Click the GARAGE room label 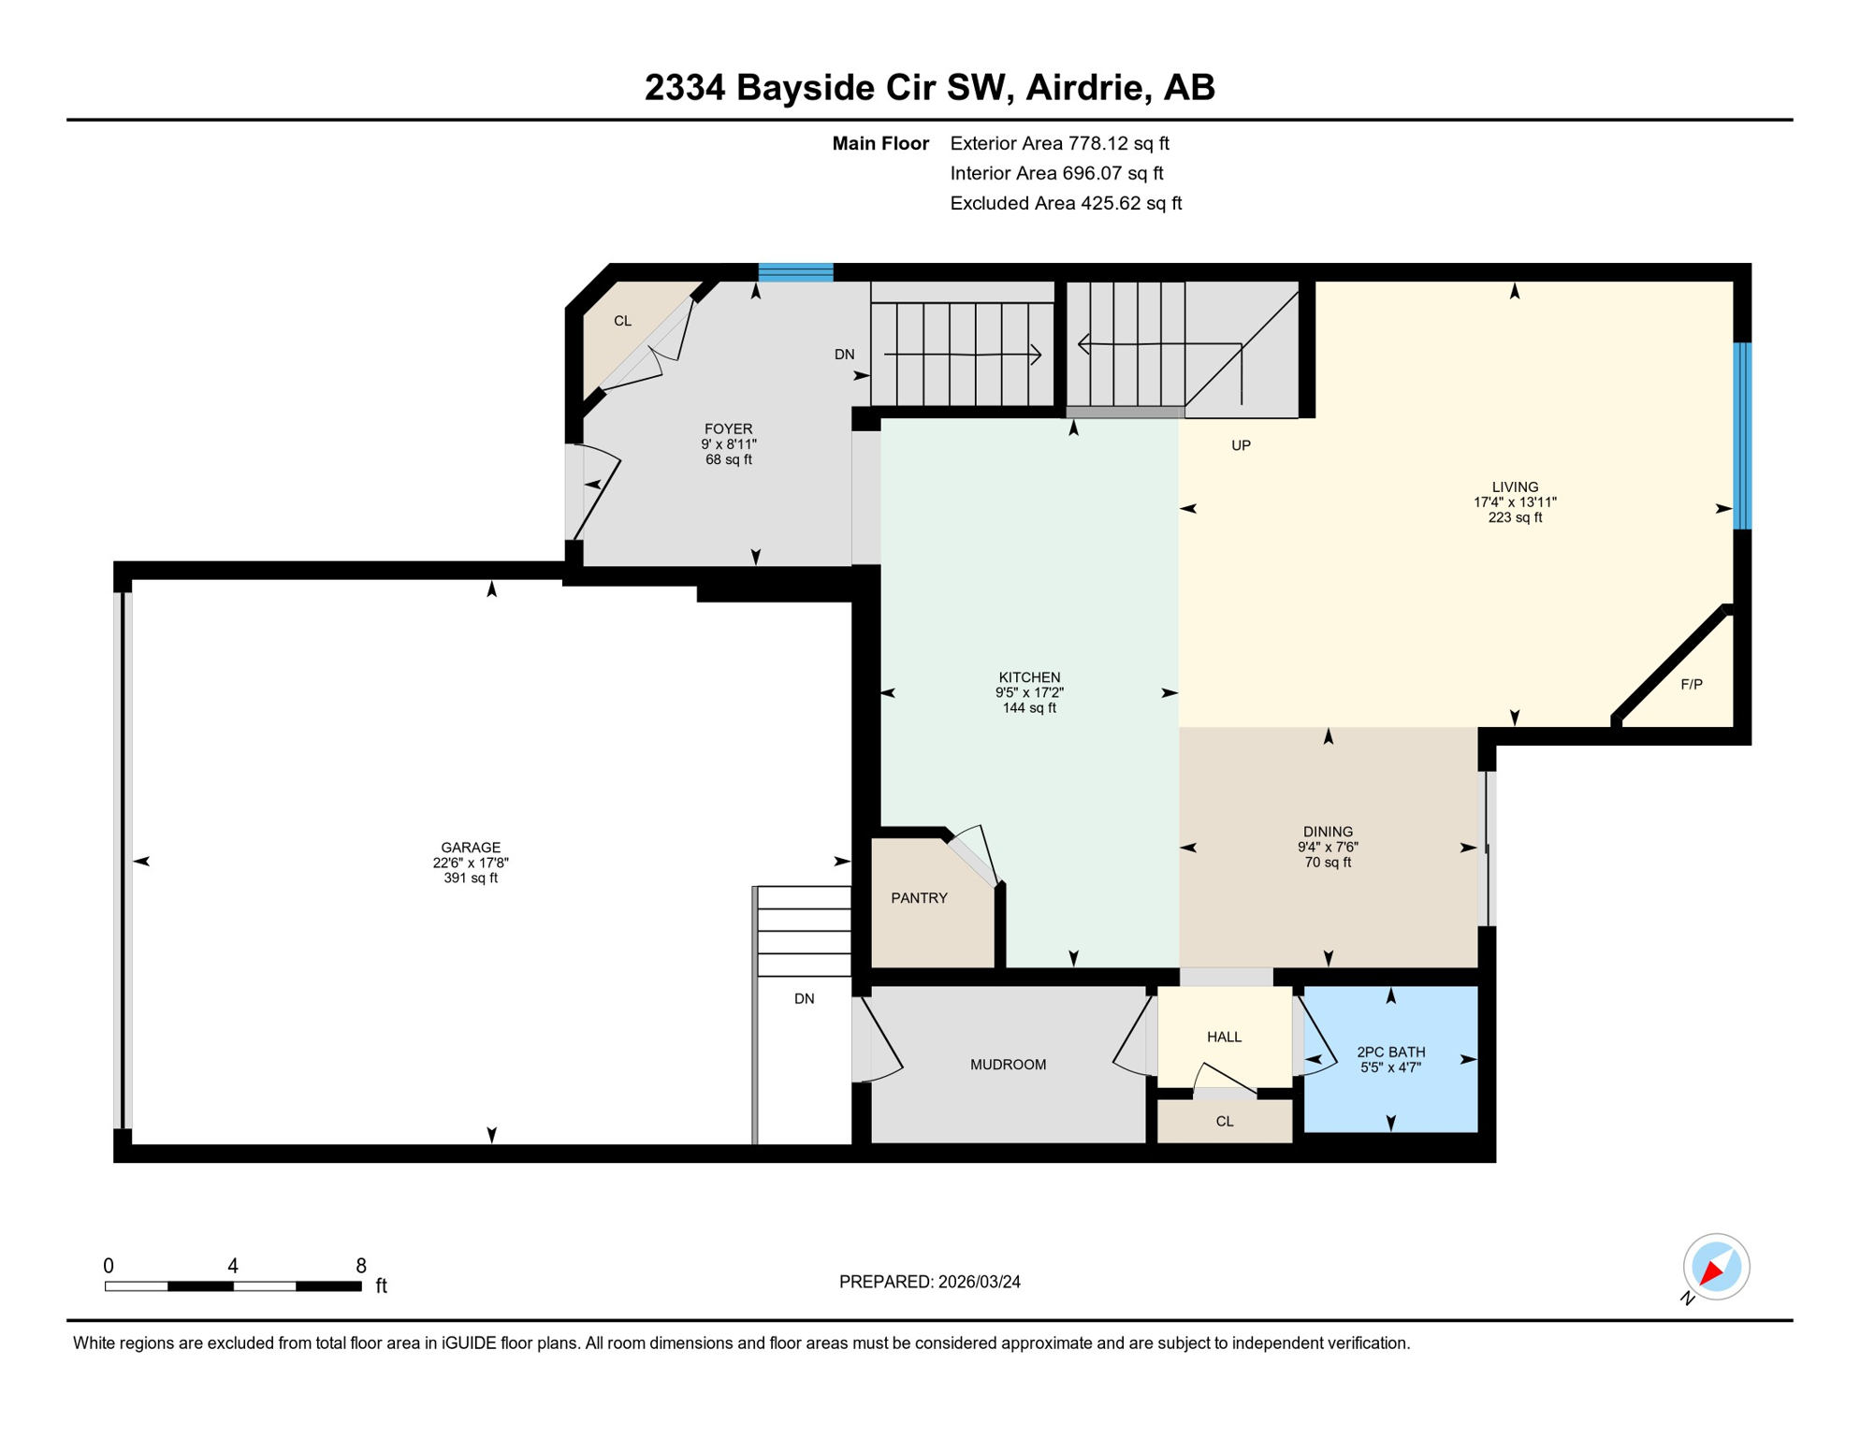point(471,848)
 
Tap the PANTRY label point(919,898)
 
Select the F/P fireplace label point(1691,685)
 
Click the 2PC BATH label point(1390,1052)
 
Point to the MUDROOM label point(1008,1065)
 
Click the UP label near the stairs point(1241,445)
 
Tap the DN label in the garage point(804,999)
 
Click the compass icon point(1715,1267)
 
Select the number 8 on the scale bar point(361,1266)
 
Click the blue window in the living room point(1741,436)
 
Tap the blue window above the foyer point(795,272)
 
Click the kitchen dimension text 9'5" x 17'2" point(1029,693)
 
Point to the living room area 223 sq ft point(1515,517)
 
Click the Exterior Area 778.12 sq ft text point(1059,143)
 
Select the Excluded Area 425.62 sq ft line point(1066,203)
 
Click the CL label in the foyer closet point(622,321)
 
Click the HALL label point(1224,1037)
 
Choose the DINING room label point(1328,832)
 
